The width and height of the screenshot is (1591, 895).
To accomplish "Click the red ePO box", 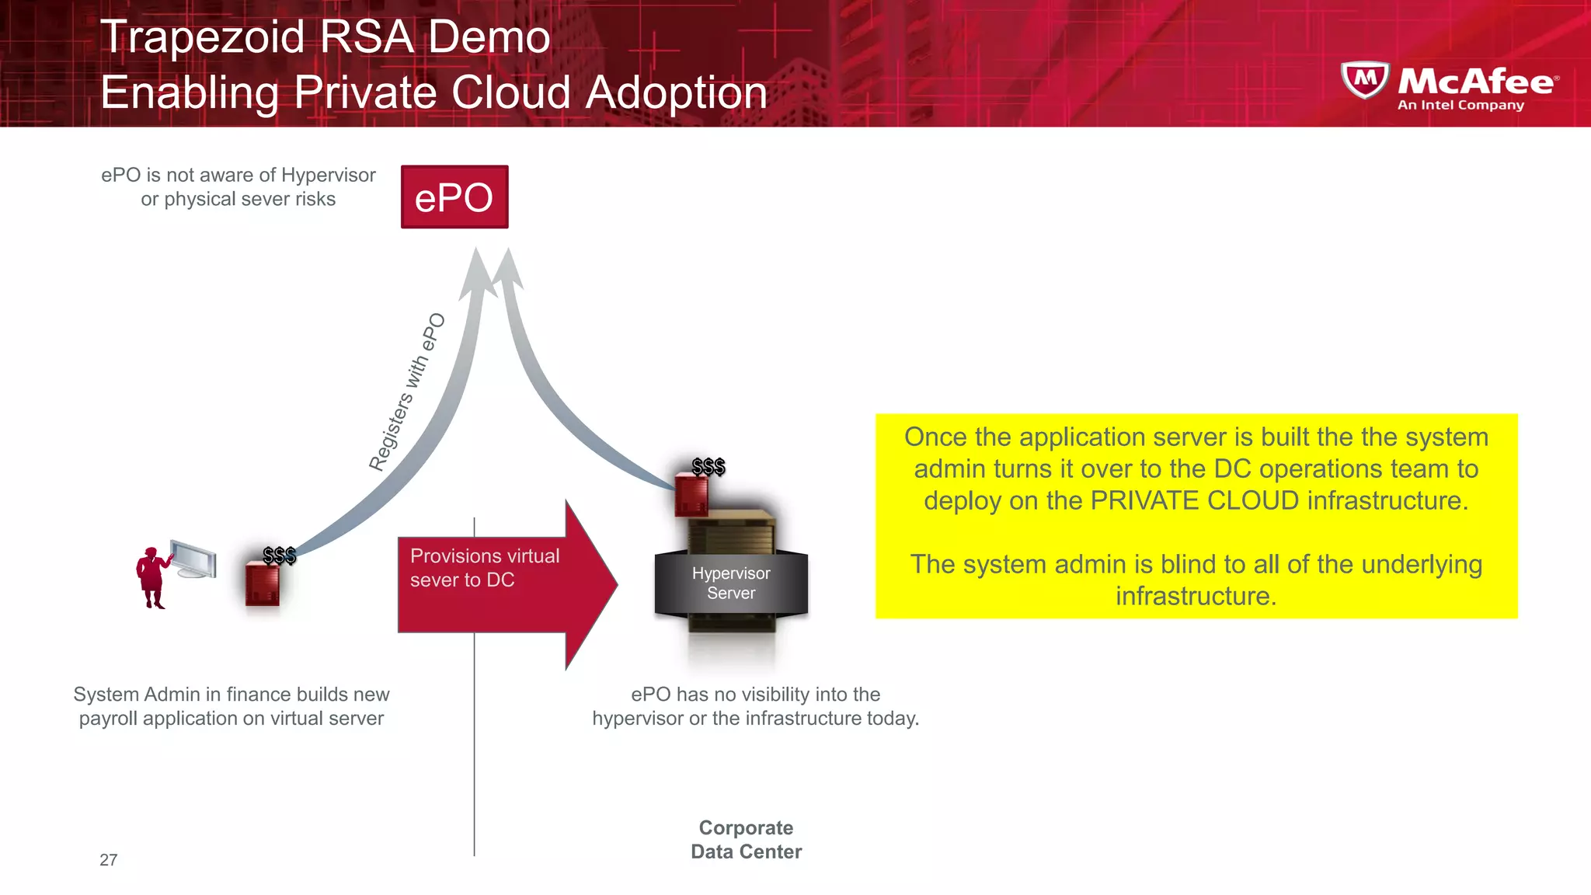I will pos(454,197).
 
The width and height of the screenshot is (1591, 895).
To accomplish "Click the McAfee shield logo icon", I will pos(1364,80).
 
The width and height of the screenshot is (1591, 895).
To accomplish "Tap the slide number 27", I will pos(108,860).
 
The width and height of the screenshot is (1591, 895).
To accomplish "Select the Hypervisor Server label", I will pos(731,583).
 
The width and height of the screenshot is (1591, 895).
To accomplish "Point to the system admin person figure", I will pos(151,576).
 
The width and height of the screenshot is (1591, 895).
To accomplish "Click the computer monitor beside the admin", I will pos(193,559).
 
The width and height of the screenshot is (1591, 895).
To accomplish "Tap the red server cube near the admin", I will pos(262,585).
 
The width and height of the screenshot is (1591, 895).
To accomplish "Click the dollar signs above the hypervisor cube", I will pos(708,466).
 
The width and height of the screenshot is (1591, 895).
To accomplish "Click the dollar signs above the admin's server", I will pos(279,555).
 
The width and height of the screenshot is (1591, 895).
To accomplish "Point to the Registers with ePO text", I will pos(407,392).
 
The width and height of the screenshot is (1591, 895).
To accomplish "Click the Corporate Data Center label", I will pos(746,840).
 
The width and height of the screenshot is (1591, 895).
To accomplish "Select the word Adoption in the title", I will pos(676,92).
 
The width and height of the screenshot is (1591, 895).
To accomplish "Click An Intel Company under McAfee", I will pos(1460,105).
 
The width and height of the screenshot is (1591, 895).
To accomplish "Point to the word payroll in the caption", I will pos(108,719).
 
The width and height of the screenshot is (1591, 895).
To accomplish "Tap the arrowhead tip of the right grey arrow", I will pos(508,251).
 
